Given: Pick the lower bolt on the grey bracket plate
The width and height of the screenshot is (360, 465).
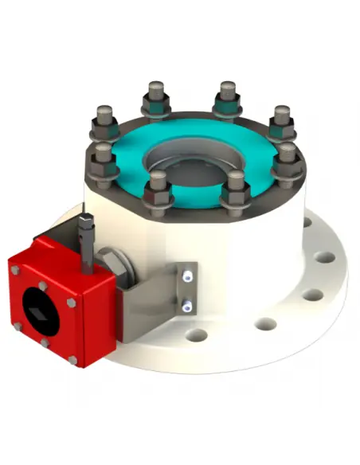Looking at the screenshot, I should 187,303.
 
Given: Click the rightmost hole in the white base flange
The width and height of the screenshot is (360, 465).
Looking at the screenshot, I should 324,259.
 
